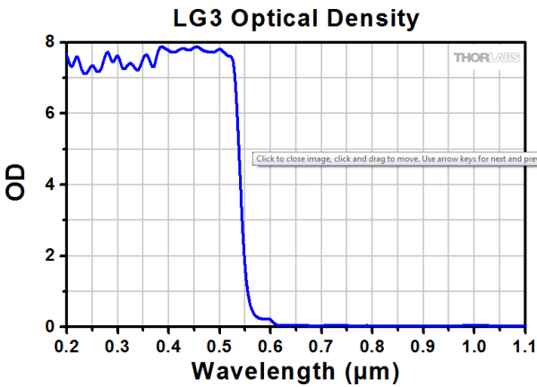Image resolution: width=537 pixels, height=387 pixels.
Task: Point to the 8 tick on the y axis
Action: pyautogui.click(x=50, y=42)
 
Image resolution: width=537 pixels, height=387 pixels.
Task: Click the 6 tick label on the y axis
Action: pyautogui.click(x=50, y=114)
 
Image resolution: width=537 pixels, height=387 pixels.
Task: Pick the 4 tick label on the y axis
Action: pyautogui.click(x=50, y=185)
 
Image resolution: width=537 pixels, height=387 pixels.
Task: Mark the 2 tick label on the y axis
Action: pyautogui.click(x=50, y=256)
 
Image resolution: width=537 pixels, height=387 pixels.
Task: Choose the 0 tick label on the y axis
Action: pyautogui.click(x=50, y=327)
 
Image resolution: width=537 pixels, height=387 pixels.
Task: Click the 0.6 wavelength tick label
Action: pyautogui.click(x=270, y=344)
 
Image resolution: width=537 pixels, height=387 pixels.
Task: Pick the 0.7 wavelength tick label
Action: pyautogui.click(x=321, y=344)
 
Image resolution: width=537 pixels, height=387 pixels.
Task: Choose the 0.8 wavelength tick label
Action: pyautogui.click(x=372, y=344)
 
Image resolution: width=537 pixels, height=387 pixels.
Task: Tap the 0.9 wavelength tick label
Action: pyautogui.click(x=423, y=344)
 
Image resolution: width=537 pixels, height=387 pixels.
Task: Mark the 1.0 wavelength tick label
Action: pyautogui.click(x=474, y=344)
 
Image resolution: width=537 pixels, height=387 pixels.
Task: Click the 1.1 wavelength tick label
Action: pyautogui.click(x=523, y=344)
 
